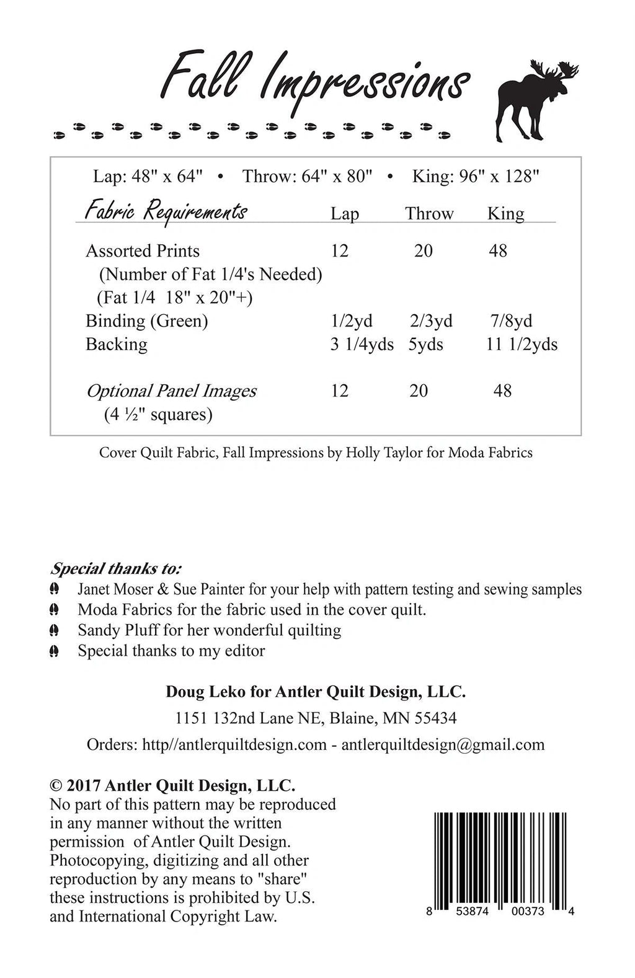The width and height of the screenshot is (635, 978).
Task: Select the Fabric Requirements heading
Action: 166,211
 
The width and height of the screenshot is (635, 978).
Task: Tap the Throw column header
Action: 429,214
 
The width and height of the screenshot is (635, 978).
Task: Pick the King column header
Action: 505,214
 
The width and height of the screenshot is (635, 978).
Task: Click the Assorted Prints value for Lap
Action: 339,251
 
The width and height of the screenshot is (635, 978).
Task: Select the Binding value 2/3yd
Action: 430,321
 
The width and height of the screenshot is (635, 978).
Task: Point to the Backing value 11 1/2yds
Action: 522,345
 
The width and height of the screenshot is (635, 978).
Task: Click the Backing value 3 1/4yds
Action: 362,345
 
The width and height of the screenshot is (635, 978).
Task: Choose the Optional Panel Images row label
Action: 171,391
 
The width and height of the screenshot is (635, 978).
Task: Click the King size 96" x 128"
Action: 476,177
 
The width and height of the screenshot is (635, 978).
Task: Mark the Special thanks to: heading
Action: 116,568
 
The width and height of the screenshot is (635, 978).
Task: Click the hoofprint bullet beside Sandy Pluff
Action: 55,631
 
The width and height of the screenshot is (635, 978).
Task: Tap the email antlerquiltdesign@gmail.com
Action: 443,745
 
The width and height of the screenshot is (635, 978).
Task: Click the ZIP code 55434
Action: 435,718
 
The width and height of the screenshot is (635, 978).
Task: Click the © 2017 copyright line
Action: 172,786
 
